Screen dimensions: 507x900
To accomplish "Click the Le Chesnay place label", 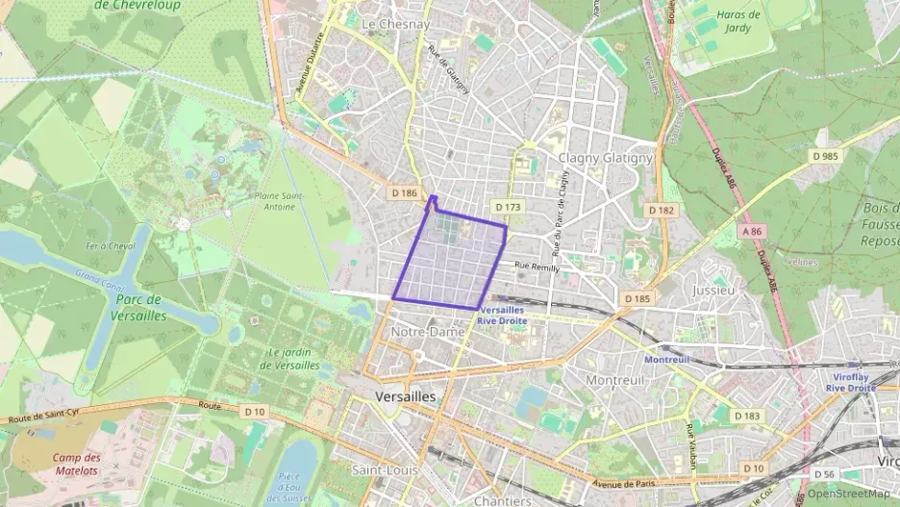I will point(395,24).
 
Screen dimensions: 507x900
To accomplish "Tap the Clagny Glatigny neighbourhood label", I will point(606,158).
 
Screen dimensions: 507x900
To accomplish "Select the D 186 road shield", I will point(405,192).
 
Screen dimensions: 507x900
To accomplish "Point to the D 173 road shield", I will point(508,207).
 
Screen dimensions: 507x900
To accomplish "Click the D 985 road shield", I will point(824,156).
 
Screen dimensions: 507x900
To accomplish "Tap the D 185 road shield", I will point(637,299).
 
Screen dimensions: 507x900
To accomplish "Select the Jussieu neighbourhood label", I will point(713,289).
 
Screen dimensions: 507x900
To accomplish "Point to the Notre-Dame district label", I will point(429,332).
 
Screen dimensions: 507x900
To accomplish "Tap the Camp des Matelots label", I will point(76,464).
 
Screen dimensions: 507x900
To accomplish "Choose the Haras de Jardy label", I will point(738,21).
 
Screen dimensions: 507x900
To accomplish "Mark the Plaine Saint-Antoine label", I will point(280,200).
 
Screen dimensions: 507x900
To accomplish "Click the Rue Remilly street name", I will point(537,266).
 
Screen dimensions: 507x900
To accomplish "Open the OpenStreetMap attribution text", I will point(847,494).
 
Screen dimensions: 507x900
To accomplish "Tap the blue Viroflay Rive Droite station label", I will point(850,382).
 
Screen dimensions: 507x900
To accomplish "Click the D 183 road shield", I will point(746,416).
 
